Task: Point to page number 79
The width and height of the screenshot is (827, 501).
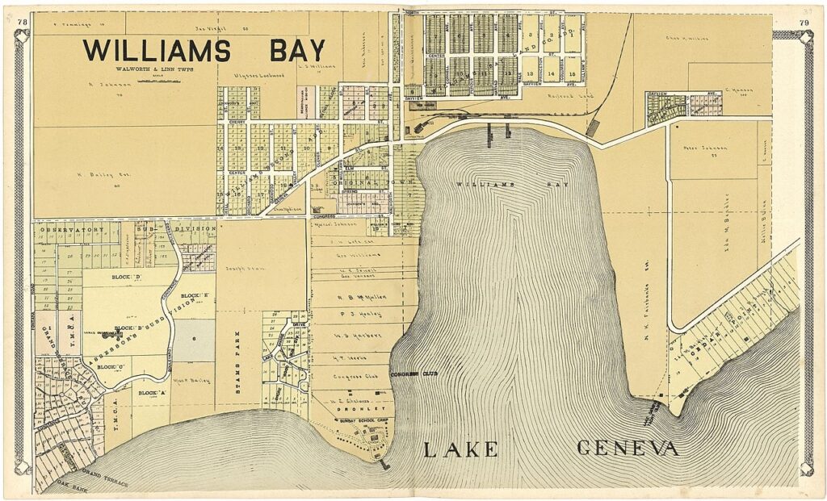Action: tap(804, 22)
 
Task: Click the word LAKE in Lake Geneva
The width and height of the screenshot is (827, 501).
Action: tap(460, 449)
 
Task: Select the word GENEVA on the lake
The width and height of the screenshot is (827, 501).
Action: tap(628, 449)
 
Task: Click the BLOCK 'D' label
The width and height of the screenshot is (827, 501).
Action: tap(128, 278)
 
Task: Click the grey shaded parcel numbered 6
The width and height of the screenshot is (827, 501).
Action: tap(195, 340)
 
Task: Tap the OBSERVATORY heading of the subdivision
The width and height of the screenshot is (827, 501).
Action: tap(74, 229)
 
